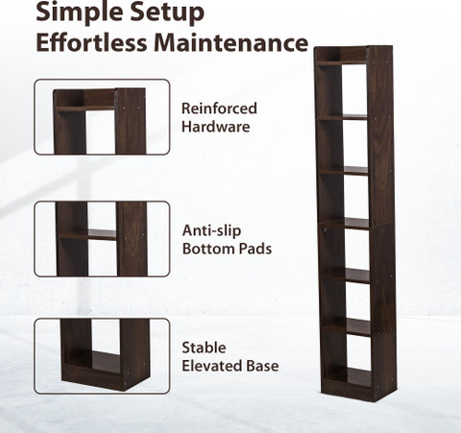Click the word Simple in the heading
tap(80, 12)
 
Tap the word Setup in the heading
tap(167, 12)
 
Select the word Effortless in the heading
tap(91, 42)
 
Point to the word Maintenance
tap(230, 42)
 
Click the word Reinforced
tap(219, 108)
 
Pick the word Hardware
tap(216, 127)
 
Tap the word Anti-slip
tap(211, 231)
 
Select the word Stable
tap(204, 348)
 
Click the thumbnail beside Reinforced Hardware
tap(102, 117)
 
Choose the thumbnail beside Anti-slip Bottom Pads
tap(102, 239)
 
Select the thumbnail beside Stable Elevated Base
tap(102, 356)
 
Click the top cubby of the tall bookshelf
tap(341, 55)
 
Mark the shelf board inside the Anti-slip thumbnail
tap(87, 234)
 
